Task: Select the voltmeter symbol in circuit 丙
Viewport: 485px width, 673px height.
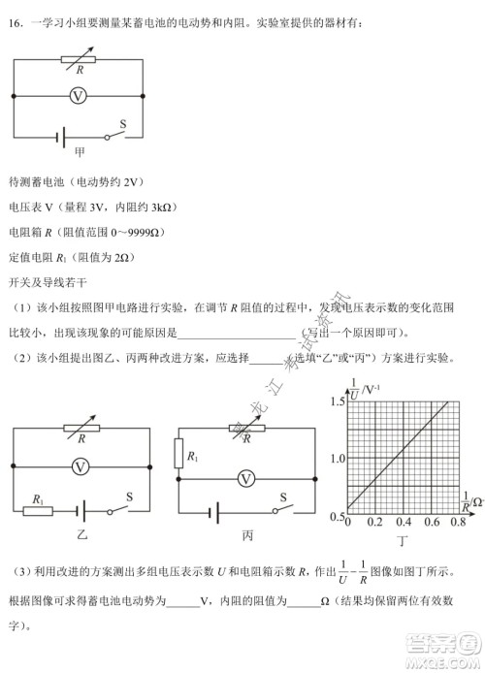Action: coord(246,477)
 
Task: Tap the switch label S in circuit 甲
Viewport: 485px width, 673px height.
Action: coord(123,123)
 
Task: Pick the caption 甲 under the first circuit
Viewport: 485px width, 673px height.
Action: coord(80,153)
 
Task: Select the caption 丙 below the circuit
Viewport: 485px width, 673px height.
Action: coord(247,535)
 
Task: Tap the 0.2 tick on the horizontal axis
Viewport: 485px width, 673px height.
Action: coord(376,523)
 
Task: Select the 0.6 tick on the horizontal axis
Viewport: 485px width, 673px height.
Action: coord(430,523)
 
